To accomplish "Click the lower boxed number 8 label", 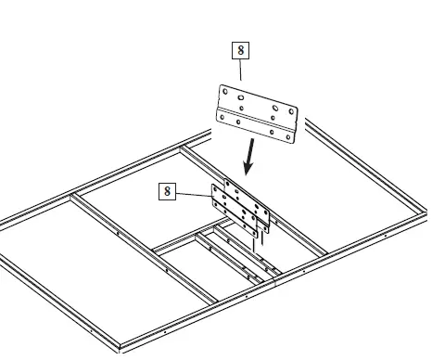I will click(x=167, y=191).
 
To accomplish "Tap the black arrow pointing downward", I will click(x=248, y=159).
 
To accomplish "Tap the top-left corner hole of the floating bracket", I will click(x=225, y=92).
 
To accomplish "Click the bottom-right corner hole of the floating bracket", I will click(x=290, y=140).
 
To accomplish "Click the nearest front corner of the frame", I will click(x=121, y=350).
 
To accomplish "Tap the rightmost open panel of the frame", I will click(x=352, y=204).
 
